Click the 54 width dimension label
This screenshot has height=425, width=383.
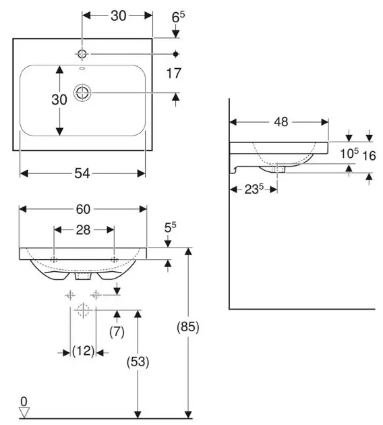click(x=82, y=173)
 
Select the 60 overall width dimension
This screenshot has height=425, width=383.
click(x=83, y=209)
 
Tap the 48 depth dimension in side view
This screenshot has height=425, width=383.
click(x=281, y=122)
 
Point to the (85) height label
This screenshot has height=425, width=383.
click(x=188, y=327)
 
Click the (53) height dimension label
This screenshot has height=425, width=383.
click(x=138, y=362)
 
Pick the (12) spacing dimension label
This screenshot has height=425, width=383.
click(x=83, y=351)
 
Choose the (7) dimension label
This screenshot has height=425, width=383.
click(x=117, y=331)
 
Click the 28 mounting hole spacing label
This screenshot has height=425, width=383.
click(x=83, y=230)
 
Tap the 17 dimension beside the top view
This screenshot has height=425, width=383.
click(x=173, y=74)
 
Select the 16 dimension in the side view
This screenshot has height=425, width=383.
click(x=370, y=156)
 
